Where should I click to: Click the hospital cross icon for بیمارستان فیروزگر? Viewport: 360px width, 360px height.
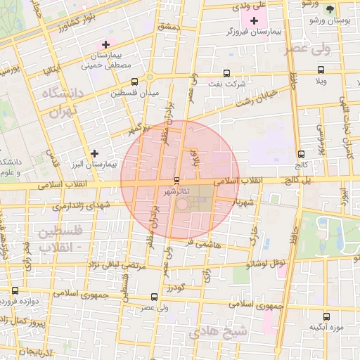(x=254, y=20)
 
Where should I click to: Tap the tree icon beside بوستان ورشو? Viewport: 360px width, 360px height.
(x=330, y=9)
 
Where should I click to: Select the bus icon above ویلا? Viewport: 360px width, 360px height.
(x=321, y=70)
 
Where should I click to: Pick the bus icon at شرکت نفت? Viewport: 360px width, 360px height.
(x=226, y=72)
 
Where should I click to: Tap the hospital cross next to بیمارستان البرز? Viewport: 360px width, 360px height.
(x=95, y=153)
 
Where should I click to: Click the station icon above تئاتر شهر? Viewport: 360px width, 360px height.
(x=176, y=180)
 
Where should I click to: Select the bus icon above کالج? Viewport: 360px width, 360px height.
(x=301, y=154)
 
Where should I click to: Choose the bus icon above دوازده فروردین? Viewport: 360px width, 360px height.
(x=15, y=290)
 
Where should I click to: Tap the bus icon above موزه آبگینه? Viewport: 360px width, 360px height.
(x=326, y=316)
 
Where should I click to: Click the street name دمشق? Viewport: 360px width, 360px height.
(x=169, y=26)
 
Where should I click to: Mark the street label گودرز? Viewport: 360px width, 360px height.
(x=175, y=288)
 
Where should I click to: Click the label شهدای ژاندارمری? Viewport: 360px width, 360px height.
(x=79, y=207)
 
